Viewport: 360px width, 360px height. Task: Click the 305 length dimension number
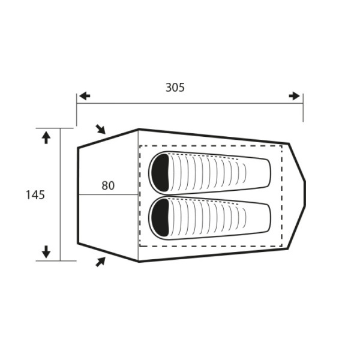tap(175, 88)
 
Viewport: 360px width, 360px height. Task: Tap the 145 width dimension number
tap(35, 195)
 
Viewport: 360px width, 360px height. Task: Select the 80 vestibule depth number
tap(108, 186)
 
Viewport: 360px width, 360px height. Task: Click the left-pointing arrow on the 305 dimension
tap(84, 96)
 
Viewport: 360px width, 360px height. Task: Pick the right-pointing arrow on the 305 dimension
tap(295, 96)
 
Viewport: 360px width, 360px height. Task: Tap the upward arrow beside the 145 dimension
tap(46, 138)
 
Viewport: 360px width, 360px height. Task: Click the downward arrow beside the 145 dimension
tap(46, 252)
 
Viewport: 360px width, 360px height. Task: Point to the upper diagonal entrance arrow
tap(101, 129)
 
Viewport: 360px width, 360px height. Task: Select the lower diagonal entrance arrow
tap(100, 262)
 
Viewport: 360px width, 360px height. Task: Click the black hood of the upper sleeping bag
tap(160, 173)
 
